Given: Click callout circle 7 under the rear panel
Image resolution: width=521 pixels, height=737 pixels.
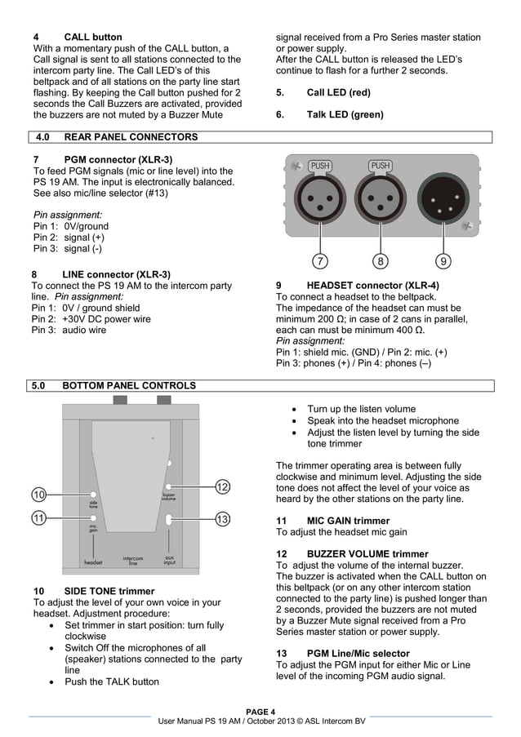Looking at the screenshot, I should coord(321,261).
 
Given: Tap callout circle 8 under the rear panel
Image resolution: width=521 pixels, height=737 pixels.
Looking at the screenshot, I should coord(381,261).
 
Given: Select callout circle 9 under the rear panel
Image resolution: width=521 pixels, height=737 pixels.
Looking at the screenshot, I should coord(443,261).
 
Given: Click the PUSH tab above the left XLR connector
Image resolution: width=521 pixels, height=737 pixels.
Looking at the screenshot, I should coord(320,166).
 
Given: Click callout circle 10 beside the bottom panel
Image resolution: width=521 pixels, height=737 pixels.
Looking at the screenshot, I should coord(39,495).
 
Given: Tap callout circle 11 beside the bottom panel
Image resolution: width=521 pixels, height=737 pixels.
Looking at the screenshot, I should coord(39,518).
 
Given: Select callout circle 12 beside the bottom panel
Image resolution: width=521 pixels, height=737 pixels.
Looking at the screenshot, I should coord(222,487).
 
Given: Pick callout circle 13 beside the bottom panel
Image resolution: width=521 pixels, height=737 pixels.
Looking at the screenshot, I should coord(222,518).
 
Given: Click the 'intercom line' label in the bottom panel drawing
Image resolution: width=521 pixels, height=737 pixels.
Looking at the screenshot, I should coord(133,561).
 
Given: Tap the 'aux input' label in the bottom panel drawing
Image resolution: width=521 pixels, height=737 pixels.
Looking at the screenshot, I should coord(169,561).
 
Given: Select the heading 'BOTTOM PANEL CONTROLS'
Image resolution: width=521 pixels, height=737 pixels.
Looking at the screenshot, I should coord(128,385).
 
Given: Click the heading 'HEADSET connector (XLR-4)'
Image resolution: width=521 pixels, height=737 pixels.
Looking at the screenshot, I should coord(372,286).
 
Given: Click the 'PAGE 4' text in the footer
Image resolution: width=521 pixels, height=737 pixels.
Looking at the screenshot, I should coord(260,711).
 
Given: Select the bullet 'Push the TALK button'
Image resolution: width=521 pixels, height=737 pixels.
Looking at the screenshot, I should coord(112,682).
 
